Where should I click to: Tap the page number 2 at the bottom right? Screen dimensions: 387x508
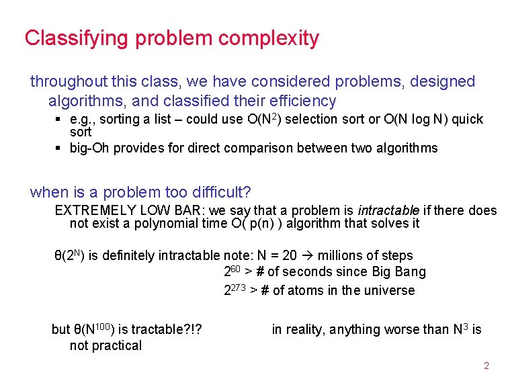tap(486, 366)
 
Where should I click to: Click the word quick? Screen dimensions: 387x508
tap(467, 119)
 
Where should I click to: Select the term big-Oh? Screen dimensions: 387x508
tap(89, 148)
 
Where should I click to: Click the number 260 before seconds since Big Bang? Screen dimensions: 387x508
tap(232, 272)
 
